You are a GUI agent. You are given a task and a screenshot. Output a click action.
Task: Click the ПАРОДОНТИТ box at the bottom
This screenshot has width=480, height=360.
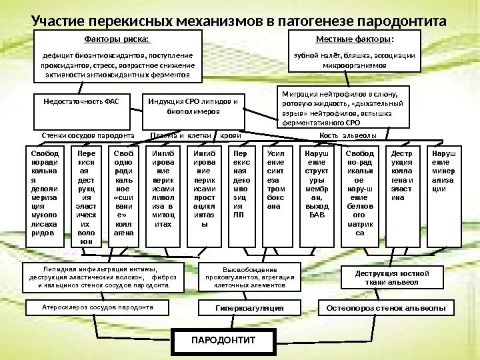coord(223,341)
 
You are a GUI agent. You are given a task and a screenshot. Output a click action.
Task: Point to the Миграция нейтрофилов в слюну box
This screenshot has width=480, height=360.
coord(342,109)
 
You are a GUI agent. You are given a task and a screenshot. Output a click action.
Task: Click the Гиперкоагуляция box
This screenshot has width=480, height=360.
coord(249,308)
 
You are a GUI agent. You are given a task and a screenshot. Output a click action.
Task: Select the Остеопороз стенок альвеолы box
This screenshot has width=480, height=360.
coord(387,308)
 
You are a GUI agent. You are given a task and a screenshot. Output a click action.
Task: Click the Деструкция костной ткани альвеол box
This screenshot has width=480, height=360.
coord(387,277)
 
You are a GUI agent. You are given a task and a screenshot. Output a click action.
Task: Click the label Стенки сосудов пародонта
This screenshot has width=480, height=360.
coord(88,135)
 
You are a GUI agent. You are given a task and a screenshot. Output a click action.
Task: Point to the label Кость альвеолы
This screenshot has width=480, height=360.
coord(348,135)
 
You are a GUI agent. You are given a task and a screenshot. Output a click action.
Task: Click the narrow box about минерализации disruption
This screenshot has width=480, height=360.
coord(441,195)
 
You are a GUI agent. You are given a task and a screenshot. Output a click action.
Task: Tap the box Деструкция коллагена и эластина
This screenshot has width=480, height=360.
coord(402,195)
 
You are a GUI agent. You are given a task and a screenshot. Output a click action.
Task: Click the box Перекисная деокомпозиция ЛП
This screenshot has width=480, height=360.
coord(239,195)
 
